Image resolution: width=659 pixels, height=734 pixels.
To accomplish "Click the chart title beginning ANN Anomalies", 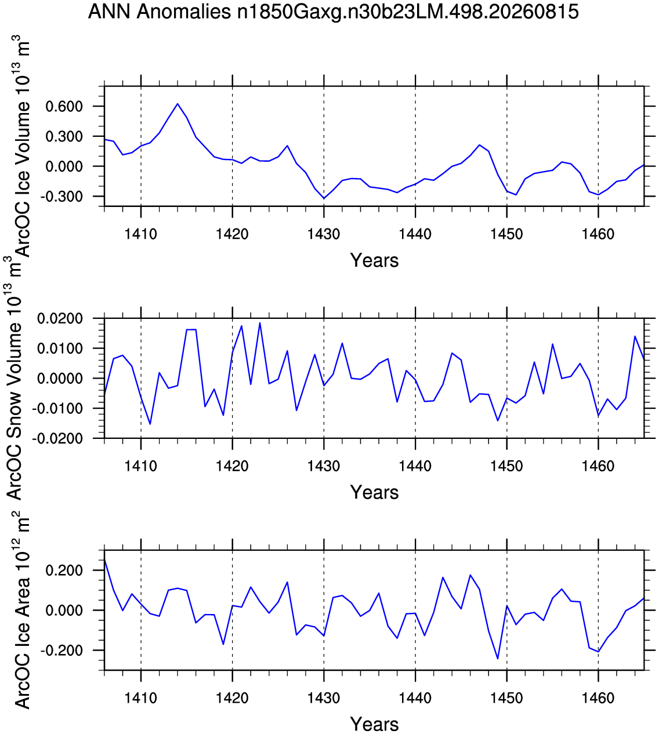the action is pyautogui.click(x=333, y=12).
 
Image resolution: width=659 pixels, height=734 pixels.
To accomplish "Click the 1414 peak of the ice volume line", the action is pyautogui.click(x=178, y=104).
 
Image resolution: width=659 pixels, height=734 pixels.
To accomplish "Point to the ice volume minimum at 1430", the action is pyautogui.click(x=324, y=198).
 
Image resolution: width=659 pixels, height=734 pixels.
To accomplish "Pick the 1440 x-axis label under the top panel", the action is pyautogui.click(x=415, y=234).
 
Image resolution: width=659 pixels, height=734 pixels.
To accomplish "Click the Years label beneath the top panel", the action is pyautogui.click(x=374, y=260).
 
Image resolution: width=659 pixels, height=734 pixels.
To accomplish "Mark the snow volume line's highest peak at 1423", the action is pyautogui.click(x=260, y=323).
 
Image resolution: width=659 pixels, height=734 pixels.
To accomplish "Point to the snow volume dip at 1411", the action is pyautogui.click(x=150, y=424).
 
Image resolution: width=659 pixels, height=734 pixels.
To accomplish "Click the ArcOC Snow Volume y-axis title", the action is pyautogui.click(x=15, y=379).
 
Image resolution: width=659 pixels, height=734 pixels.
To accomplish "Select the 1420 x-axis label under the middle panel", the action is pyautogui.click(x=232, y=466).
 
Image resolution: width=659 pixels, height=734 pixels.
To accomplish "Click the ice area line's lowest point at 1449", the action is pyautogui.click(x=498, y=659).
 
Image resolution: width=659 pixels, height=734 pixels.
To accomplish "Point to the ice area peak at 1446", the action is pyautogui.click(x=470, y=575).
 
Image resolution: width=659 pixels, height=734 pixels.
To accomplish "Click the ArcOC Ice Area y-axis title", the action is pyautogui.click(x=21, y=611).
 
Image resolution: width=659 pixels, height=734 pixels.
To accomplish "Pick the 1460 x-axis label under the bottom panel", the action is pyautogui.click(x=598, y=698).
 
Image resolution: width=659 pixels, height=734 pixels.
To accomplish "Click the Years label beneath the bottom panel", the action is pyautogui.click(x=374, y=724).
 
